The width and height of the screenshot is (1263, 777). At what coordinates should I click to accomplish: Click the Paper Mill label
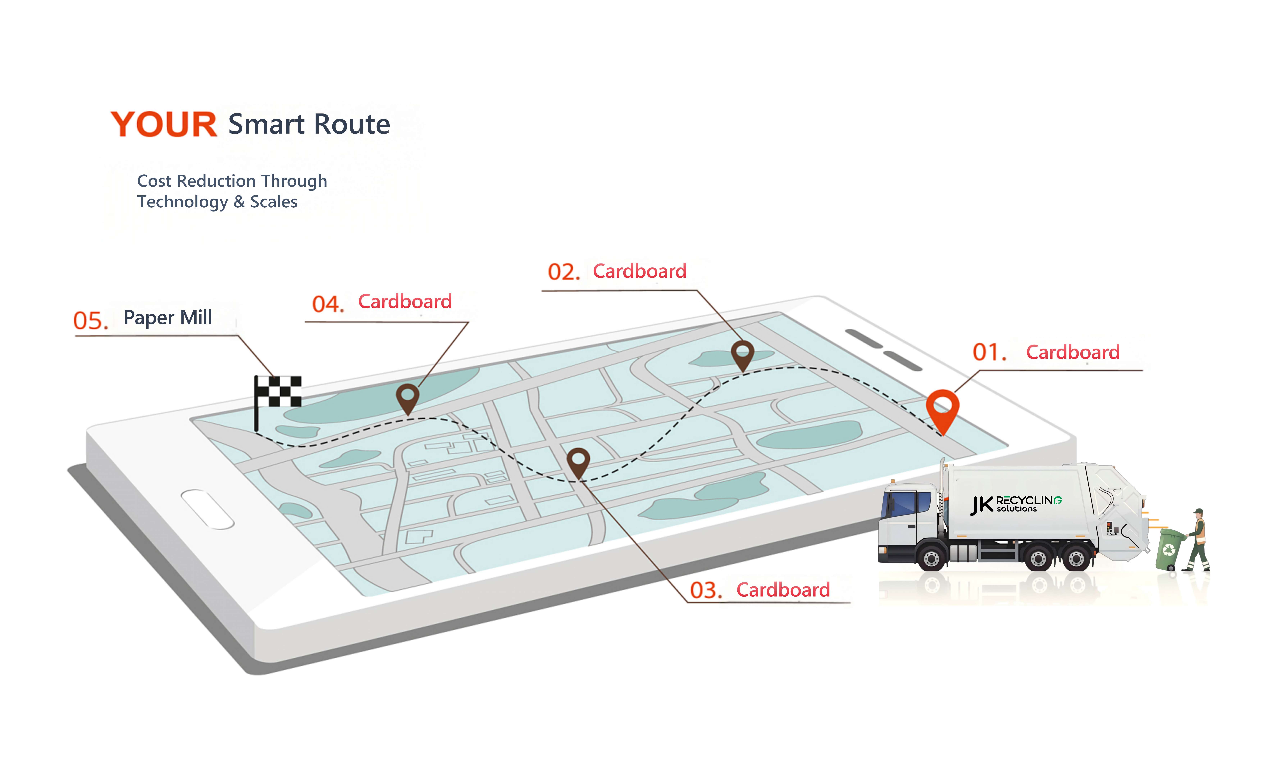(x=168, y=318)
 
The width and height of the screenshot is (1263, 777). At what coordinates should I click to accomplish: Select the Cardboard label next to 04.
(x=405, y=302)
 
